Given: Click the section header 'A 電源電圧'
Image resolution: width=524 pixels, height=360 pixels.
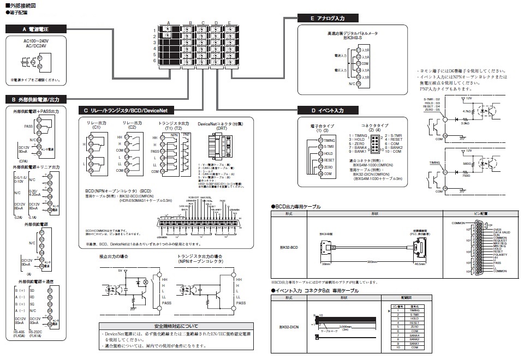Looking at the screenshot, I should (x=35, y=28).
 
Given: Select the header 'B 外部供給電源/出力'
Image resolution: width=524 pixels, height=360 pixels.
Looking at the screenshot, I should (x=35, y=99).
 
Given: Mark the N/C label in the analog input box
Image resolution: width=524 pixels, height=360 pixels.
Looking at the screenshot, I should (x=353, y=84).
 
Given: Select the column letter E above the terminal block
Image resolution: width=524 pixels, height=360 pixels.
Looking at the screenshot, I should (x=229, y=22).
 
